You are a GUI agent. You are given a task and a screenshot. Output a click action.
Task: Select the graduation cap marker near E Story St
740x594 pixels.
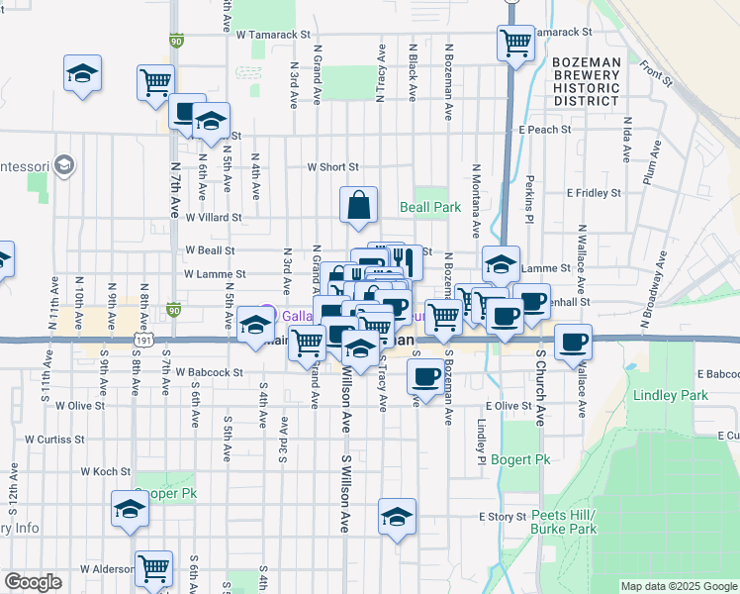pos(397,518)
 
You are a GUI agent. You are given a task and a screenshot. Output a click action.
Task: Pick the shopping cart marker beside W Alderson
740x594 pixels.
pos(153,570)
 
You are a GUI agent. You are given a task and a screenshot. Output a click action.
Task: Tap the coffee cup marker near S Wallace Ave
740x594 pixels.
pos(573,343)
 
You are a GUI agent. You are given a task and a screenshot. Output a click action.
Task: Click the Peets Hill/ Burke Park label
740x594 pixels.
pos(564,523)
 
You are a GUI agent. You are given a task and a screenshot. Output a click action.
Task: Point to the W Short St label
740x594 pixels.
pos(332,167)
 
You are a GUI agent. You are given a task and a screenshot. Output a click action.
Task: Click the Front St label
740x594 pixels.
pos(655,73)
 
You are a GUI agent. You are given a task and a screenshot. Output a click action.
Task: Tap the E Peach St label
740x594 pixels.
pos(545,130)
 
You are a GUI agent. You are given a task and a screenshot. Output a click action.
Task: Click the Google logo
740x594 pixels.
pos(33,582)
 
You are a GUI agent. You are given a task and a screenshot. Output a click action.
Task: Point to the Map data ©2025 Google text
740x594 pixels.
pos(678,586)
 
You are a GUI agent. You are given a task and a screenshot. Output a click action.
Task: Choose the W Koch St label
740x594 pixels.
pos(105,472)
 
